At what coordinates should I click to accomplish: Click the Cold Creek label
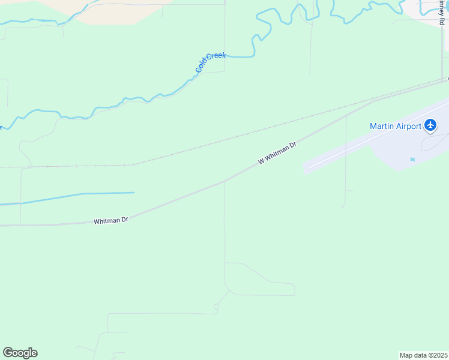coord(211,62)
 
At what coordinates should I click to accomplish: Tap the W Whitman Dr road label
coord(277,153)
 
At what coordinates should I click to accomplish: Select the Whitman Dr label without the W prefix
coord(111,221)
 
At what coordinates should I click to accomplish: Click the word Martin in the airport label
coord(382,126)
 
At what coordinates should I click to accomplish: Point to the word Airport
coord(409,126)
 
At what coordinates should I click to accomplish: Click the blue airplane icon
coord(430,125)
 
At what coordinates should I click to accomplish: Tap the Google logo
coord(20,353)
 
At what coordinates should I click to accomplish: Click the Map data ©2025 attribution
coord(423,355)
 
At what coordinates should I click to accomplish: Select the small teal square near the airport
coord(412,159)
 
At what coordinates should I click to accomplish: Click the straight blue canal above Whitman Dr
coord(90,194)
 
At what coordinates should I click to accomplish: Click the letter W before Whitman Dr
coord(261,161)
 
